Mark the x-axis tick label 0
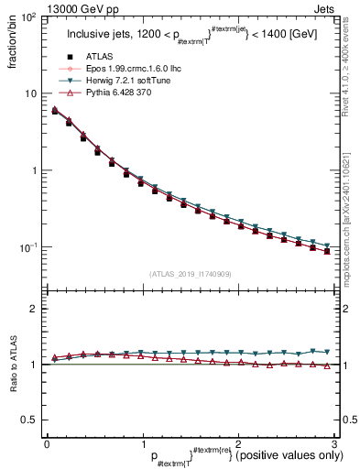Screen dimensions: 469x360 point(47,444)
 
